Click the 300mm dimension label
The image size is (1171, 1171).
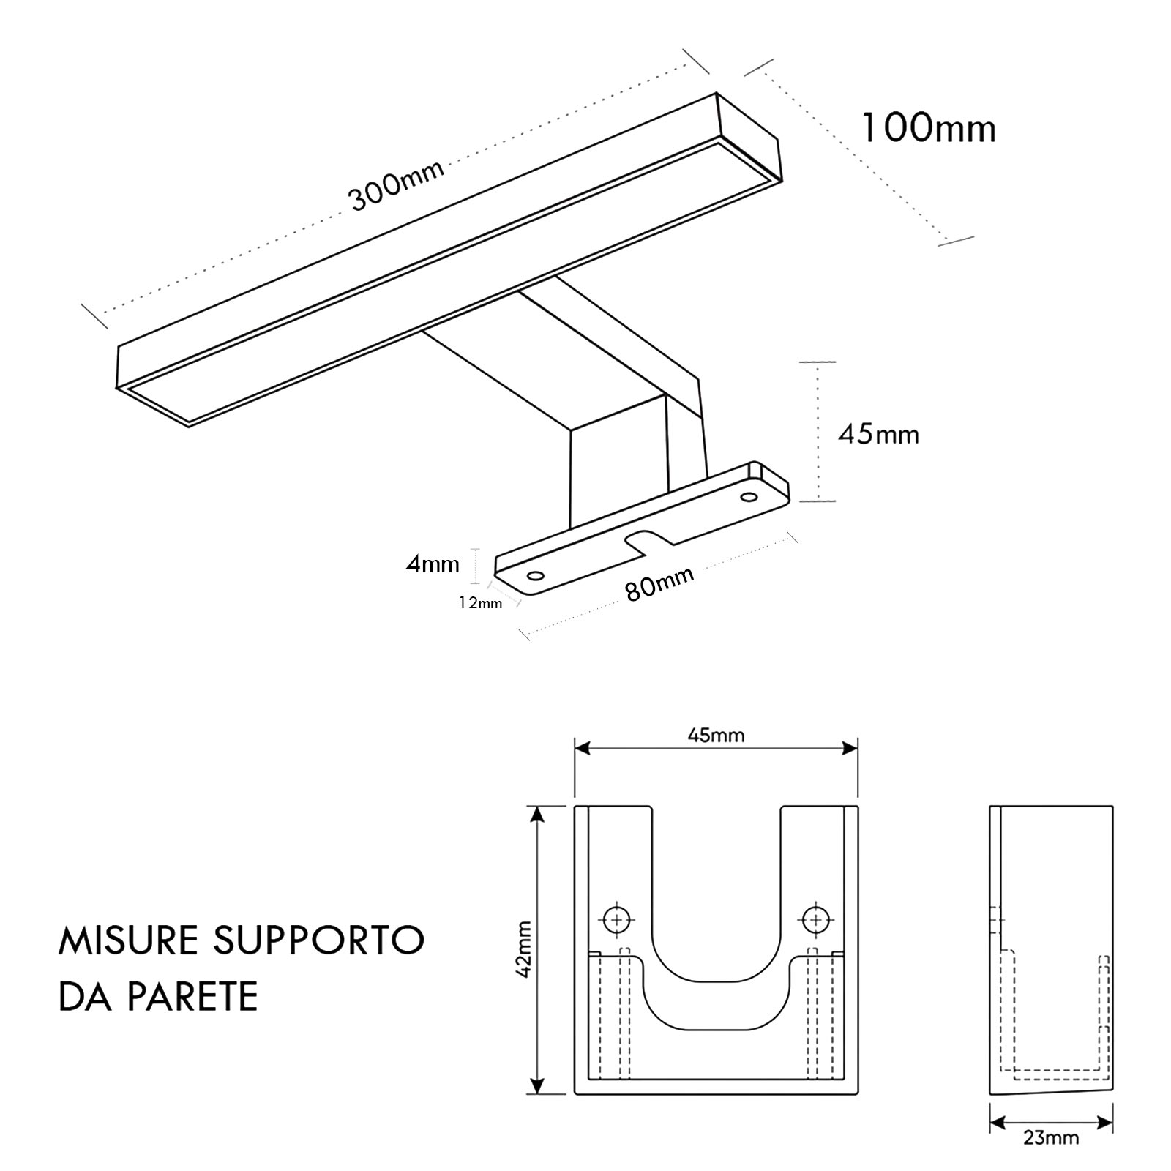(x=396, y=185)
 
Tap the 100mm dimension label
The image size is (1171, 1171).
(x=928, y=129)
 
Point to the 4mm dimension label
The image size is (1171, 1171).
(x=433, y=564)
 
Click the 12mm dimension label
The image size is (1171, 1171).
(x=480, y=603)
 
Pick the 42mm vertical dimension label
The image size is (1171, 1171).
(x=523, y=949)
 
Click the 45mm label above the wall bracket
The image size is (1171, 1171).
(x=716, y=735)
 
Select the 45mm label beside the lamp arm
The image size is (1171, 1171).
(x=878, y=435)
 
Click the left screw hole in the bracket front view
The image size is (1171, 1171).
(x=618, y=919)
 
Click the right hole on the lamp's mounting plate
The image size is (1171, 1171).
(x=748, y=498)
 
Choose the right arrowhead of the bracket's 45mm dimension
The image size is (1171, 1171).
(x=850, y=748)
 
